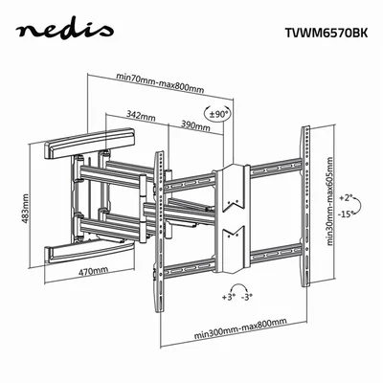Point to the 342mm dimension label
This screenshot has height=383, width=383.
pos(141,116)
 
